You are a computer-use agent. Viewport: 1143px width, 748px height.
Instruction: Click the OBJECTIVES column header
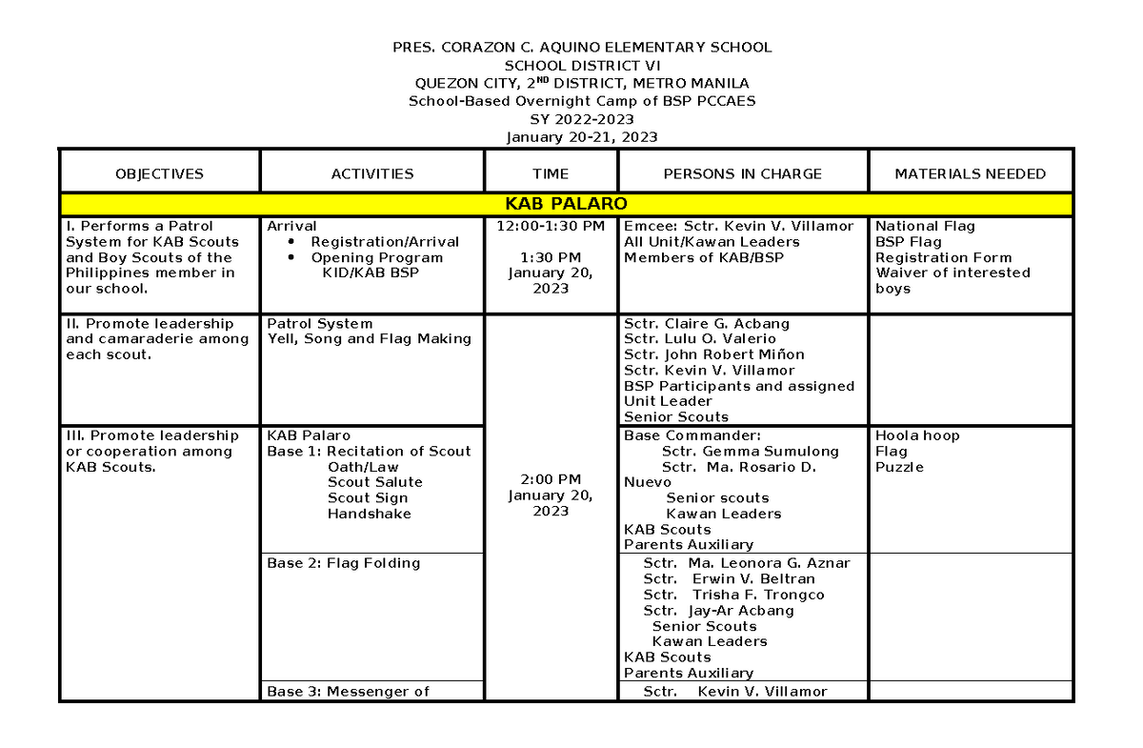pyautogui.click(x=159, y=173)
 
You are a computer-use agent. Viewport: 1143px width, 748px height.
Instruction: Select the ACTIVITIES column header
pyautogui.click(x=372, y=173)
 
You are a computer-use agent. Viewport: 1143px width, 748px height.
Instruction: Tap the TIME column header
pyautogui.click(x=551, y=173)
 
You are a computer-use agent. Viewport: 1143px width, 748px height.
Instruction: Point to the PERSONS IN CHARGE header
pyautogui.click(x=742, y=173)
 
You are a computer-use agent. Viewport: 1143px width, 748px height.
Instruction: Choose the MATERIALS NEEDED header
pyautogui.click(x=970, y=173)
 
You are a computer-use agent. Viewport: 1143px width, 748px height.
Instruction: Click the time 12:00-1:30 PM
pyautogui.click(x=551, y=226)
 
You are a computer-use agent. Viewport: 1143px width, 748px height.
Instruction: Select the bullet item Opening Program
pyautogui.click(x=376, y=257)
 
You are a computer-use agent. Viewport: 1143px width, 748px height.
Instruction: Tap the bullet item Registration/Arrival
pyautogui.click(x=385, y=242)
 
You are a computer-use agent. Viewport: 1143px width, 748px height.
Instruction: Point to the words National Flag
pyautogui.click(x=925, y=226)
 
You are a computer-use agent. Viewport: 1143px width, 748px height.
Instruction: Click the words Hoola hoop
pyautogui.click(x=917, y=435)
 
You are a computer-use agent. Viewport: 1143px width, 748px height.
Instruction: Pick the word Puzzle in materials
pyautogui.click(x=899, y=467)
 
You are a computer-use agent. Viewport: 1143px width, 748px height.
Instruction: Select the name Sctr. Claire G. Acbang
pyautogui.click(x=707, y=323)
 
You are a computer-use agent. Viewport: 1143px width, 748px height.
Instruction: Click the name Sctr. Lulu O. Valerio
pyautogui.click(x=700, y=338)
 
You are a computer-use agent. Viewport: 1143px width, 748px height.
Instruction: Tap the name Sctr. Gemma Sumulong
pyautogui.click(x=750, y=451)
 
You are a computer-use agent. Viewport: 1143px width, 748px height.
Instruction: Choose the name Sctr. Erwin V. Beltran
pyautogui.click(x=729, y=578)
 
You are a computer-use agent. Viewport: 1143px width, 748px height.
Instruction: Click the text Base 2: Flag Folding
pyautogui.click(x=343, y=563)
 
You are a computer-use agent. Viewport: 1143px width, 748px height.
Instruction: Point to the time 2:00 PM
pyautogui.click(x=551, y=479)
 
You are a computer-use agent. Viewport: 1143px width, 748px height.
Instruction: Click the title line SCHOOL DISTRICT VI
pyautogui.click(x=581, y=65)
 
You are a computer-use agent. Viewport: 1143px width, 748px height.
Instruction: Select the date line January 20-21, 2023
pyautogui.click(x=581, y=136)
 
